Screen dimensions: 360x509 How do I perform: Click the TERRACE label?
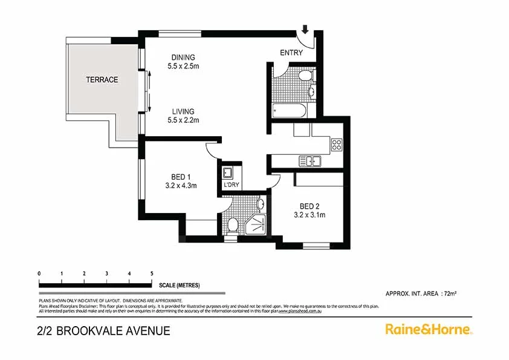pos(102,80)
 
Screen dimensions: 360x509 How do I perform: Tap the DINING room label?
pos(183,57)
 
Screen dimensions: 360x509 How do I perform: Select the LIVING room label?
pos(183,111)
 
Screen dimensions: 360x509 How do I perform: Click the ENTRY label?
pos(291,53)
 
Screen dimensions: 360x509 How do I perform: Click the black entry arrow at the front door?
pos(305,28)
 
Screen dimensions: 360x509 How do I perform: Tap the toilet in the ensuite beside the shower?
pos(232,225)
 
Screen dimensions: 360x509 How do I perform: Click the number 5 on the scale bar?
pos(151,274)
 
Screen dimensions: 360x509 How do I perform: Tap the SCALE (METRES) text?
pos(180,285)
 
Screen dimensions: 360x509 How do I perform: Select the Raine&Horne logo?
pos(429,329)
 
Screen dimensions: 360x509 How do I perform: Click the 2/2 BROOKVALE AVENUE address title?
pos(103,330)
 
